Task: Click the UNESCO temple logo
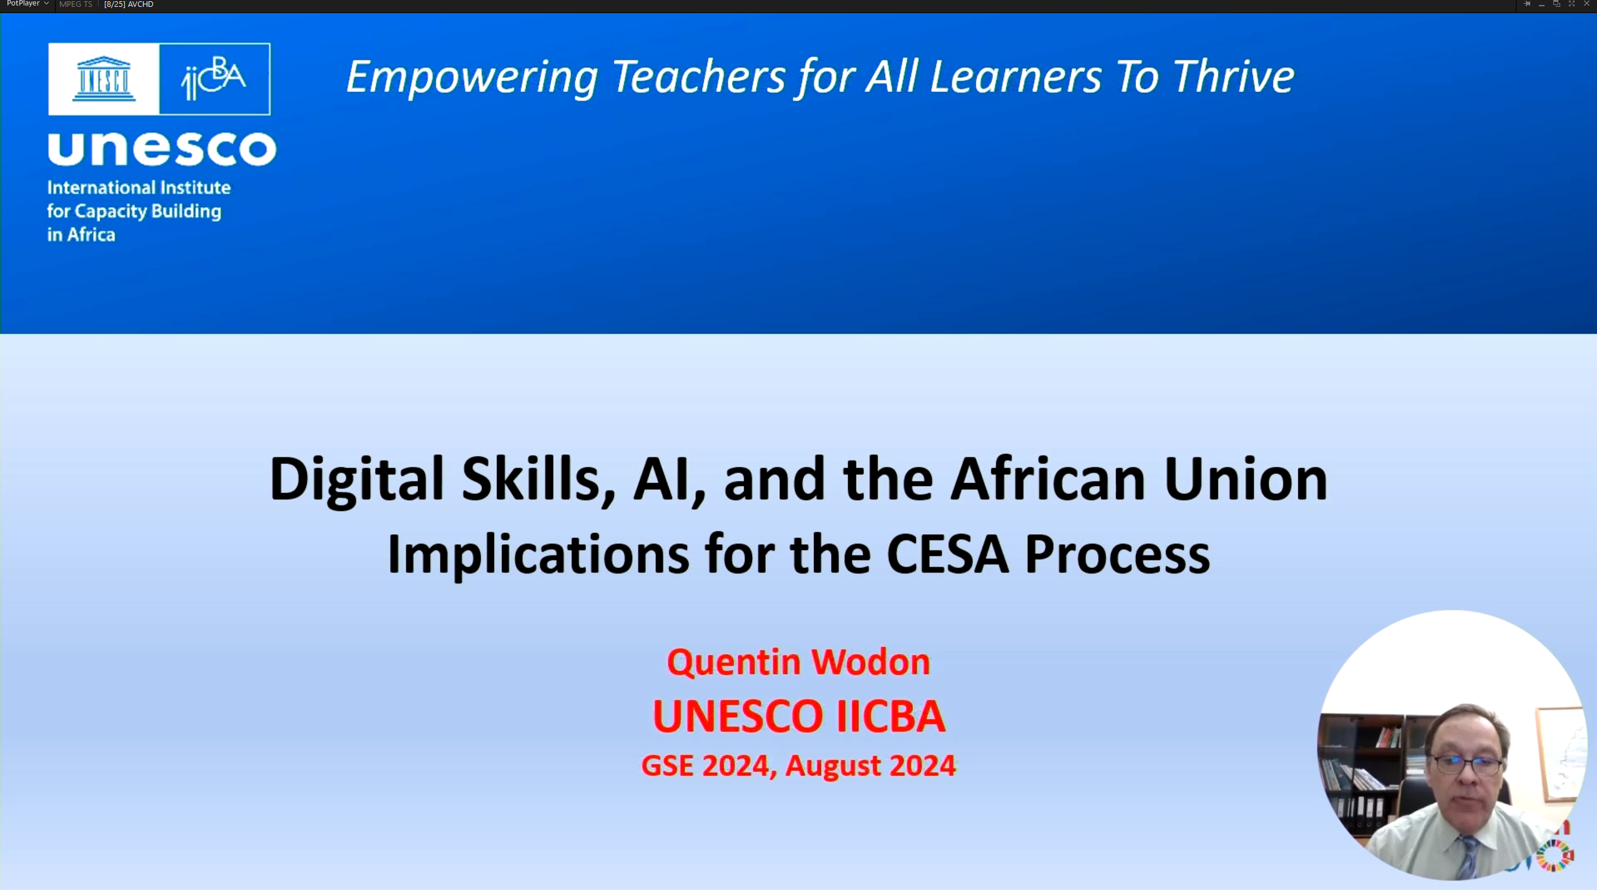(x=104, y=79)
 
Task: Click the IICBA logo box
(x=215, y=79)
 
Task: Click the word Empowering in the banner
(x=472, y=78)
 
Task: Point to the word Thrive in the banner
(x=1234, y=77)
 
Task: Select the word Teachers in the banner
(x=698, y=77)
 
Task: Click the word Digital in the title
(x=356, y=480)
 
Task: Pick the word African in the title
(x=1048, y=479)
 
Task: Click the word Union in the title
(x=1246, y=479)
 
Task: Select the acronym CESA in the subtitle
(x=947, y=554)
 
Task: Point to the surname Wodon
(x=871, y=662)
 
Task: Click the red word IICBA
(x=891, y=716)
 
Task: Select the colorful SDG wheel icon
(x=1555, y=855)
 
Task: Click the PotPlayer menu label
(x=23, y=4)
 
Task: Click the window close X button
(x=1587, y=4)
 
